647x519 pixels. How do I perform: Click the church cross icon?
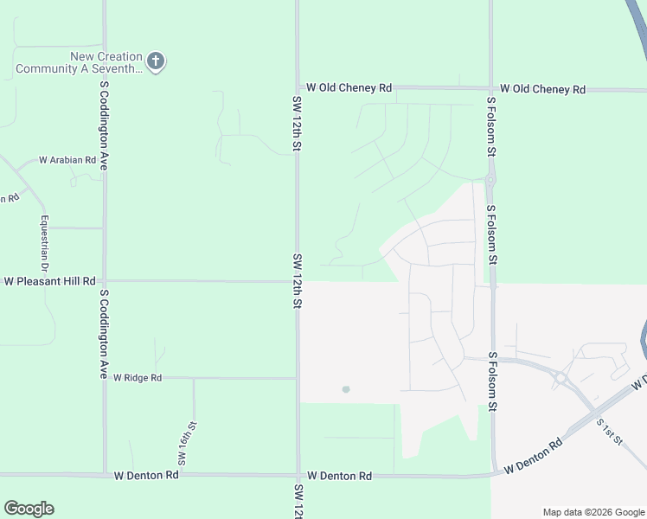156,61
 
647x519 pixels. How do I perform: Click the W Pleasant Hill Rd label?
49,281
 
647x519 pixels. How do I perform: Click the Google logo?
29,509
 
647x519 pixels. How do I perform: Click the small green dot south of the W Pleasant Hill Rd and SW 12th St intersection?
346,389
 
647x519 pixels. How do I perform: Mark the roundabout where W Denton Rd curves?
561,377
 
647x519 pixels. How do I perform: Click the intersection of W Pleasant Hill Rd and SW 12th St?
298,281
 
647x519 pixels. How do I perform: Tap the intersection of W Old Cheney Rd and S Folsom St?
490,88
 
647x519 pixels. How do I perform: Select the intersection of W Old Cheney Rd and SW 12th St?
298,87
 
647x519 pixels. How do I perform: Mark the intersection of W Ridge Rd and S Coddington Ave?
105,378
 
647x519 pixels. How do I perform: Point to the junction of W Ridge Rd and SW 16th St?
193,378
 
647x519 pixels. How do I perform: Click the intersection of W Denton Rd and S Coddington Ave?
105,475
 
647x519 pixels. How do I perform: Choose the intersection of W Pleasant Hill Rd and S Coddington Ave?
105,281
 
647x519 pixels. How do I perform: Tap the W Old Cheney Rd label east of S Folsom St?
542,89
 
